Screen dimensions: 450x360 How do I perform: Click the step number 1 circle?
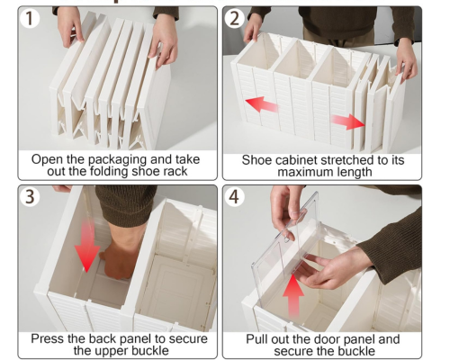(30, 18)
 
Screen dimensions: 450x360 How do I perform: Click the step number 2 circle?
(234, 18)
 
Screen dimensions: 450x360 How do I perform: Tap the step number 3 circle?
(30, 197)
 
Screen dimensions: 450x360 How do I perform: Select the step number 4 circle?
(234, 197)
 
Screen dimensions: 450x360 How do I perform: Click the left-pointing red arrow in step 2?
(262, 104)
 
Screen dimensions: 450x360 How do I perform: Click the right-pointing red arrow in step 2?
(348, 121)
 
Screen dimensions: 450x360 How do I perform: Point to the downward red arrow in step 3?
(87, 245)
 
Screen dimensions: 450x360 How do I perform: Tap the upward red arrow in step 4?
(293, 295)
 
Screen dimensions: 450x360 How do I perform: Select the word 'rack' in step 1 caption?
(175, 171)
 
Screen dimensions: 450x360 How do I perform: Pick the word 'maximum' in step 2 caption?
(302, 172)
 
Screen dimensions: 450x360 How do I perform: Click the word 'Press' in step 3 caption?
(48, 338)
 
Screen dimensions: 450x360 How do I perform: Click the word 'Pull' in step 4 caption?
(256, 339)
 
